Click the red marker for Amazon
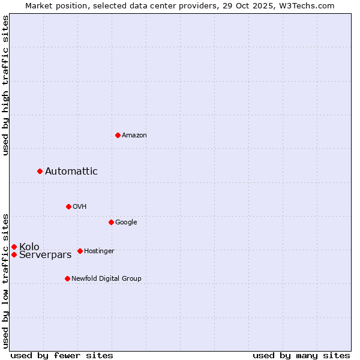pyautogui.click(x=118, y=135)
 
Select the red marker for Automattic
pyautogui.click(x=40, y=171)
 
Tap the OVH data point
pyautogui.click(x=68, y=206)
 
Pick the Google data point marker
pyautogui.click(x=111, y=222)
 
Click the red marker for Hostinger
pyautogui.click(x=80, y=251)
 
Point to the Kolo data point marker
pyautogui.click(x=14, y=247)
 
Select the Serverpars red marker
pyautogui.click(x=14, y=254)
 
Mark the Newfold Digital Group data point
pyautogui.click(x=67, y=278)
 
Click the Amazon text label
pyautogui.click(x=134, y=136)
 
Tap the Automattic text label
pyautogui.click(x=71, y=172)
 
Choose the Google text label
pyautogui.click(x=126, y=223)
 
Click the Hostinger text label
pyautogui.click(x=99, y=251)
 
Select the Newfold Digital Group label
pyautogui.click(x=106, y=279)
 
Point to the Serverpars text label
pyautogui.click(x=46, y=255)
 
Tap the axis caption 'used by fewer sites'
pyautogui.click(x=62, y=355)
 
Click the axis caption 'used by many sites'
pyautogui.click(x=301, y=355)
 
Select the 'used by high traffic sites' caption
pyautogui.click(x=6, y=85)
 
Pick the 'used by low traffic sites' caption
pyautogui.click(x=6, y=280)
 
